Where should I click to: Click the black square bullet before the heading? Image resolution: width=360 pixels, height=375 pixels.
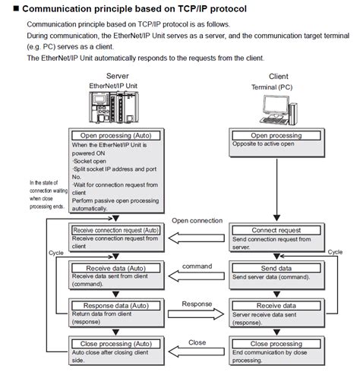tap(6, 9)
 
